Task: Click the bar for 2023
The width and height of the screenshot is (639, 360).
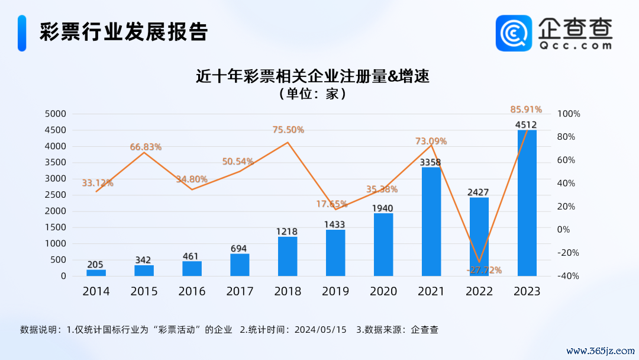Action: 527,202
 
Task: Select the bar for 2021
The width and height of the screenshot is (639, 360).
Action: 431,221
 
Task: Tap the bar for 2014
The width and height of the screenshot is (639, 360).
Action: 96,272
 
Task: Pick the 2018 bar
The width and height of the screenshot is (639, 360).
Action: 288,256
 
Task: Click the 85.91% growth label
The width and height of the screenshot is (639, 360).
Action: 526,110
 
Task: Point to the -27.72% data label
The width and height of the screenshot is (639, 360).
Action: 483,270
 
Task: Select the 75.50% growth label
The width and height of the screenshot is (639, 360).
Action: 288,130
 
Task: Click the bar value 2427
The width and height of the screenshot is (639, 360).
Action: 479,192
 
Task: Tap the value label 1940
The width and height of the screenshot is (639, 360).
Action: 383,208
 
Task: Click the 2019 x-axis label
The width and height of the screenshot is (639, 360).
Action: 335,291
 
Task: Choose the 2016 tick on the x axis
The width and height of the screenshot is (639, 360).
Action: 192,291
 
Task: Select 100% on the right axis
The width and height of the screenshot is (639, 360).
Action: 569,114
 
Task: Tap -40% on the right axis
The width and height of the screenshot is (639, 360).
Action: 569,276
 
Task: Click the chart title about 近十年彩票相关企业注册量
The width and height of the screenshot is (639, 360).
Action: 312,77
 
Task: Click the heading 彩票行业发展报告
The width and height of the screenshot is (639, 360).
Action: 124,32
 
